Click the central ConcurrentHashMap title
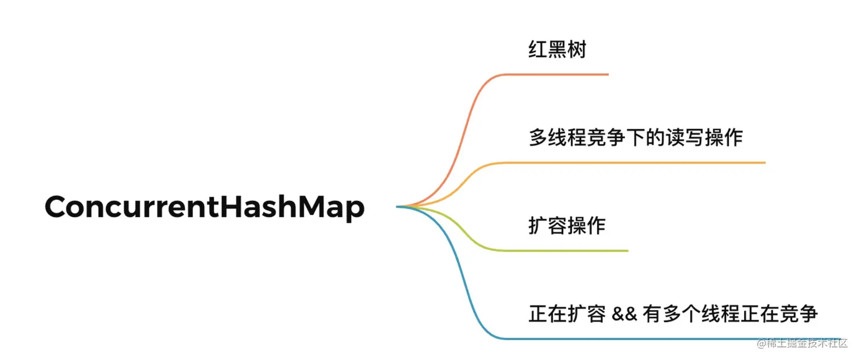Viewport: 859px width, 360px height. click(205, 207)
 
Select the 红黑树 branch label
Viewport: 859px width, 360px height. click(557, 50)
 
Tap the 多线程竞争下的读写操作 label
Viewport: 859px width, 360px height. click(636, 138)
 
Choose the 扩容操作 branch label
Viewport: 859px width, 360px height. click(566, 226)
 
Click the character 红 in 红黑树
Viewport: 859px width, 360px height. click(538, 50)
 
